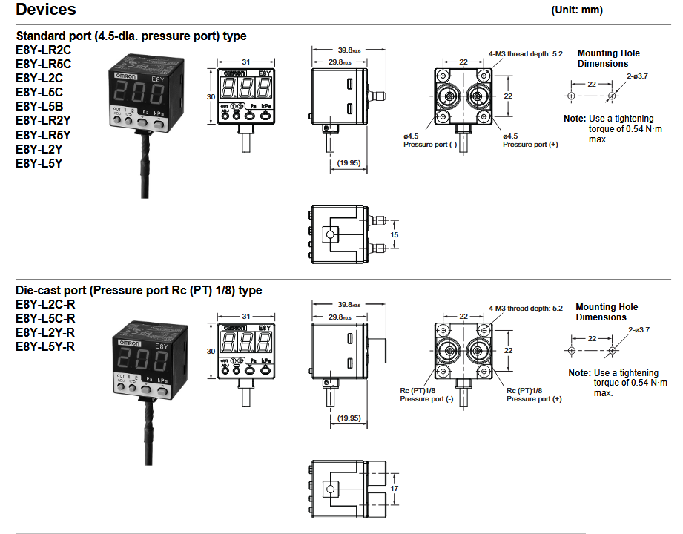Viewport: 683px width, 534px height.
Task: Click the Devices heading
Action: (46, 10)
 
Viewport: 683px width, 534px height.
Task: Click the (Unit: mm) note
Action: (578, 10)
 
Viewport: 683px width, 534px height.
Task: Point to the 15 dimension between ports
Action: (395, 234)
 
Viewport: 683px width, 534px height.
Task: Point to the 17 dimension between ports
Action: (395, 489)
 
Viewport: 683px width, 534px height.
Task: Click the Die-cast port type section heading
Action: (139, 290)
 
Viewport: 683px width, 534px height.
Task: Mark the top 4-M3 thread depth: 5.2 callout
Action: (526, 53)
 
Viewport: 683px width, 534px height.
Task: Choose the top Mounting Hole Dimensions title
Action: (608, 58)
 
